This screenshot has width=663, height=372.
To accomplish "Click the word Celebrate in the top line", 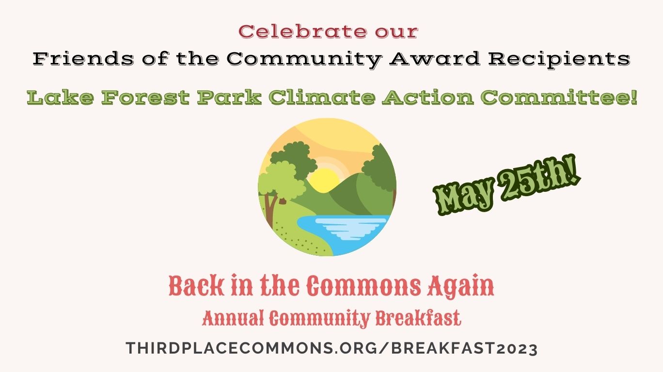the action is pos(302,31).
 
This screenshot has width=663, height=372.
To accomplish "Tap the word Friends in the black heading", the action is pos(83,59).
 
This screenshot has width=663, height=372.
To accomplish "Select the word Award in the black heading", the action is pos(435,59).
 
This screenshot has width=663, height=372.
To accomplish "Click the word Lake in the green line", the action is pos(61,97).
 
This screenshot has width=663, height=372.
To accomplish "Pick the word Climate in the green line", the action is pos(322,97).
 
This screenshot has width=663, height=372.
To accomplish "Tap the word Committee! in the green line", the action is pos(559,97).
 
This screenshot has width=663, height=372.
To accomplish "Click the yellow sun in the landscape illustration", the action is pos(323,180).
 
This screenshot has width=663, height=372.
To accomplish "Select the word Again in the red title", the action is pos(460,286).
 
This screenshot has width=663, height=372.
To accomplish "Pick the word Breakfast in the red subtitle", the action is pos(418,318).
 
